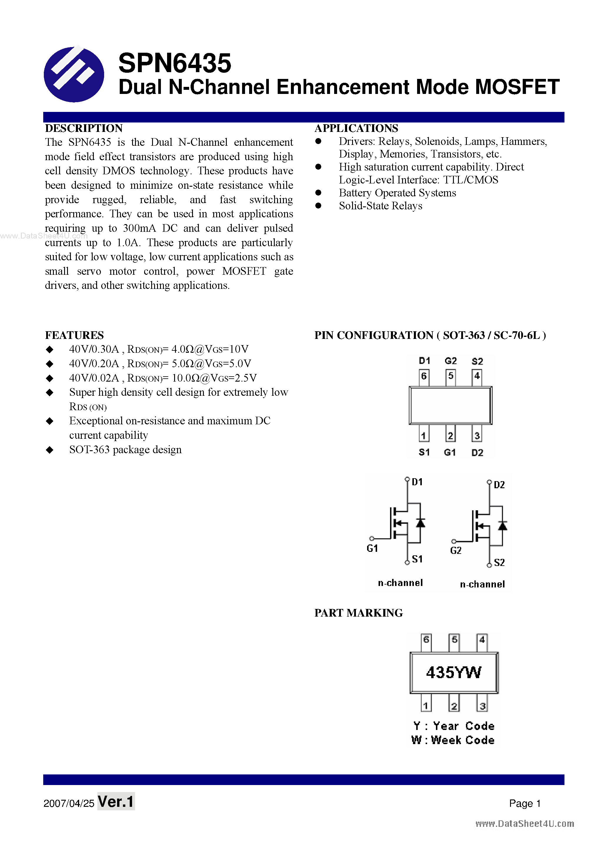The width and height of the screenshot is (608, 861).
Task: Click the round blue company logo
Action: pyautogui.click(x=74, y=74)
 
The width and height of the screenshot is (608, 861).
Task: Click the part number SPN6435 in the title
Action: pyautogui.click(x=174, y=63)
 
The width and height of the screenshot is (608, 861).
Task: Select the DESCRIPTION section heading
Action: pyautogui.click(x=84, y=128)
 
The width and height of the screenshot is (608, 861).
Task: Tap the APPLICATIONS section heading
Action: pyautogui.click(x=356, y=128)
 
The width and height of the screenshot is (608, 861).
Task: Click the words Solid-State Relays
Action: pyautogui.click(x=380, y=206)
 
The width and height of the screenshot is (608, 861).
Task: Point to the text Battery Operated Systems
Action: pyautogui.click(x=397, y=193)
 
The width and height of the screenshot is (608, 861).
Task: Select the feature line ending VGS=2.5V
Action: pyautogui.click(x=163, y=378)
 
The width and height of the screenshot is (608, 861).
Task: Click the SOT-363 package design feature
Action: pyautogui.click(x=125, y=450)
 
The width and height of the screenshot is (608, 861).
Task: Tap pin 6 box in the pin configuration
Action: pyautogui.click(x=424, y=376)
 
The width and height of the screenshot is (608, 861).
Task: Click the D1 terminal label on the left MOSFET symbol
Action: pyautogui.click(x=417, y=482)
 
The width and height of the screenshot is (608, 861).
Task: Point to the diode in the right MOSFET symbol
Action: pyautogui.click(x=502, y=526)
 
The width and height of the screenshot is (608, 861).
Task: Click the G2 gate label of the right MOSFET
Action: pyautogui.click(x=456, y=551)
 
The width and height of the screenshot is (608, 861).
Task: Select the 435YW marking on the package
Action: pyautogui.click(x=454, y=672)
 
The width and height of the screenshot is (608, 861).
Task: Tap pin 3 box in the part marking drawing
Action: pyautogui.click(x=482, y=706)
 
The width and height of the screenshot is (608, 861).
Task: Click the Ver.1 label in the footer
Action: pyautogui.click(x=116, y=802)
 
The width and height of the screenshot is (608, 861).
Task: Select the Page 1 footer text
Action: pyautogui.click(x=524, y=803)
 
